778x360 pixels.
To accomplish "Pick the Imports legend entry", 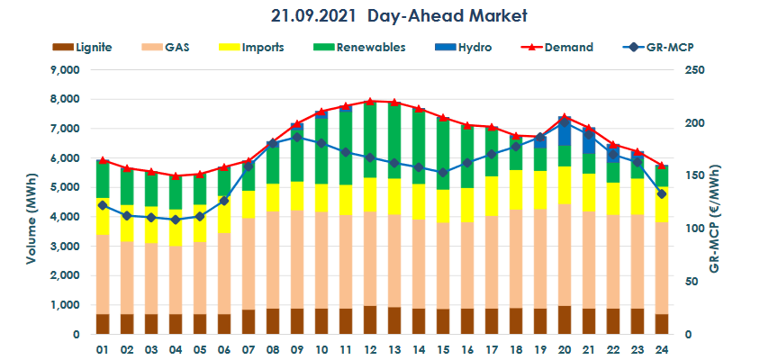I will (260, 47).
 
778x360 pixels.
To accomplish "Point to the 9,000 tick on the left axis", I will (65, 70).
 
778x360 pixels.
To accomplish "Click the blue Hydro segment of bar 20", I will (564, 131).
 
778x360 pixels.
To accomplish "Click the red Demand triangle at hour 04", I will (176, 175).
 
